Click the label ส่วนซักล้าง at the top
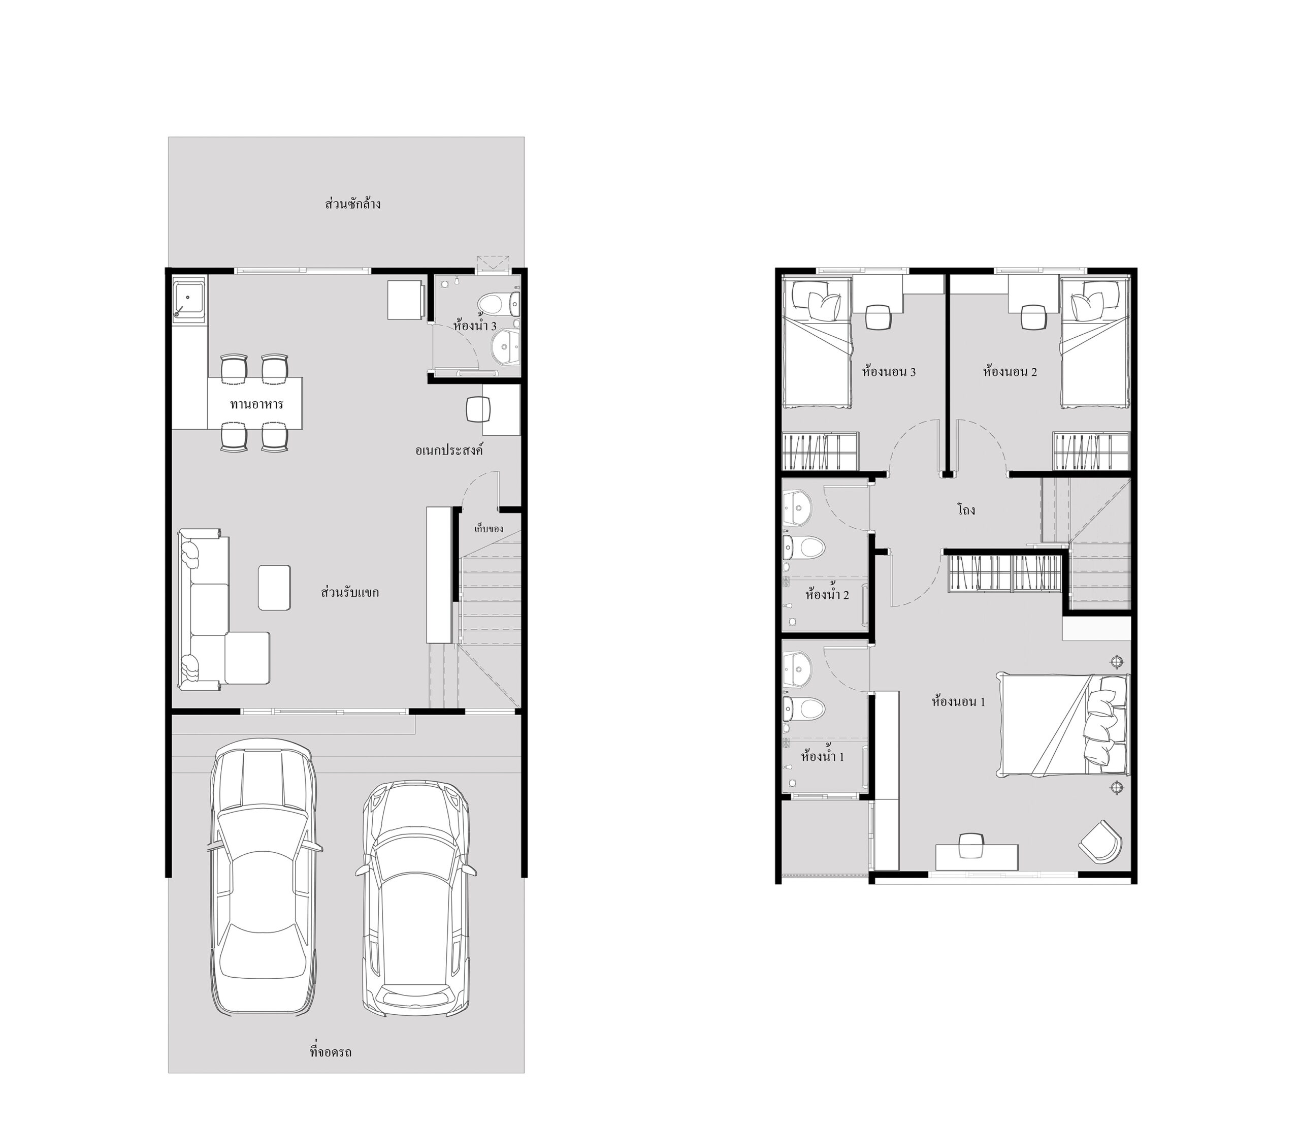(x=353, y=204)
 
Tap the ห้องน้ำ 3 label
(x=475, y=326)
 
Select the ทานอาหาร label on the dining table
(x=256, y=404)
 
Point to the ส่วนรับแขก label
(x=350, y=592)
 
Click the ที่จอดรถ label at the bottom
(x=331, y=1052)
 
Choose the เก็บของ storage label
(x=489, y=529)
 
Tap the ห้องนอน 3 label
(x=889, y=372)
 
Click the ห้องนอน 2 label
(x=1010, y=372)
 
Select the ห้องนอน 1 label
(x=959, y=702)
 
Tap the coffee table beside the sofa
(x=274, y=588)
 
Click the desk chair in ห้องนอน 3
(x=878, y=317)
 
